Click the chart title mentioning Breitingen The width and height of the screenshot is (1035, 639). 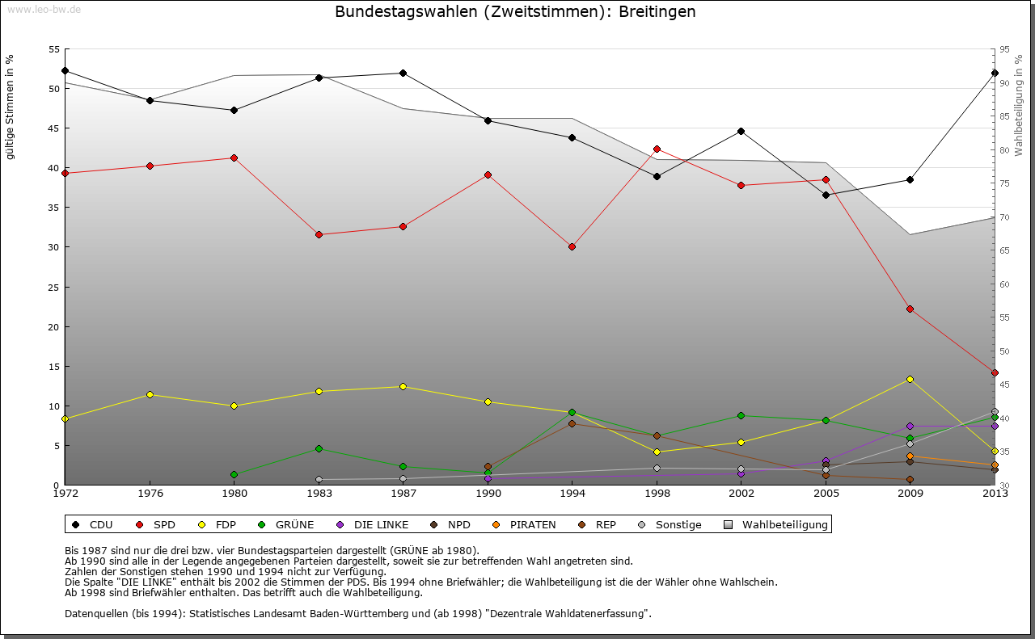[514, 12]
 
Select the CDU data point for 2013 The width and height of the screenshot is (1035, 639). [995, 73]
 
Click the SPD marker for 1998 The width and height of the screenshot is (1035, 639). [657, 149]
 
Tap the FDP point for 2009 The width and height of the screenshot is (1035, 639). [910, 379]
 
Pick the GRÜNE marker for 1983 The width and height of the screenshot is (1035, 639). [319, 448]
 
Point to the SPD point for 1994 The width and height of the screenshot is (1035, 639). [572, 246]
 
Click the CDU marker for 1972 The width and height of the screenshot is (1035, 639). [65, 70]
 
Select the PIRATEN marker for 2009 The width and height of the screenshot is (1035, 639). [910, 456]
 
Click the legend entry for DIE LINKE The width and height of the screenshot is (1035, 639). [381, 525]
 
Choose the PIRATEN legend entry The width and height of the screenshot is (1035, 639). [532, 525]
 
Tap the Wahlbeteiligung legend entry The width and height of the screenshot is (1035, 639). [784, 525]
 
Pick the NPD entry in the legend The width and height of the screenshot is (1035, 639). [458, 525]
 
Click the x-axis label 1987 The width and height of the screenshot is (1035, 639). [403, 493]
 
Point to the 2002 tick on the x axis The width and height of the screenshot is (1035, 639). [741, 493]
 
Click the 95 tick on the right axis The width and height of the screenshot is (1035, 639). [1003, 49]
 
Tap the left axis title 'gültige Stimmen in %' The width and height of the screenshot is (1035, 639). [10, 107]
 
